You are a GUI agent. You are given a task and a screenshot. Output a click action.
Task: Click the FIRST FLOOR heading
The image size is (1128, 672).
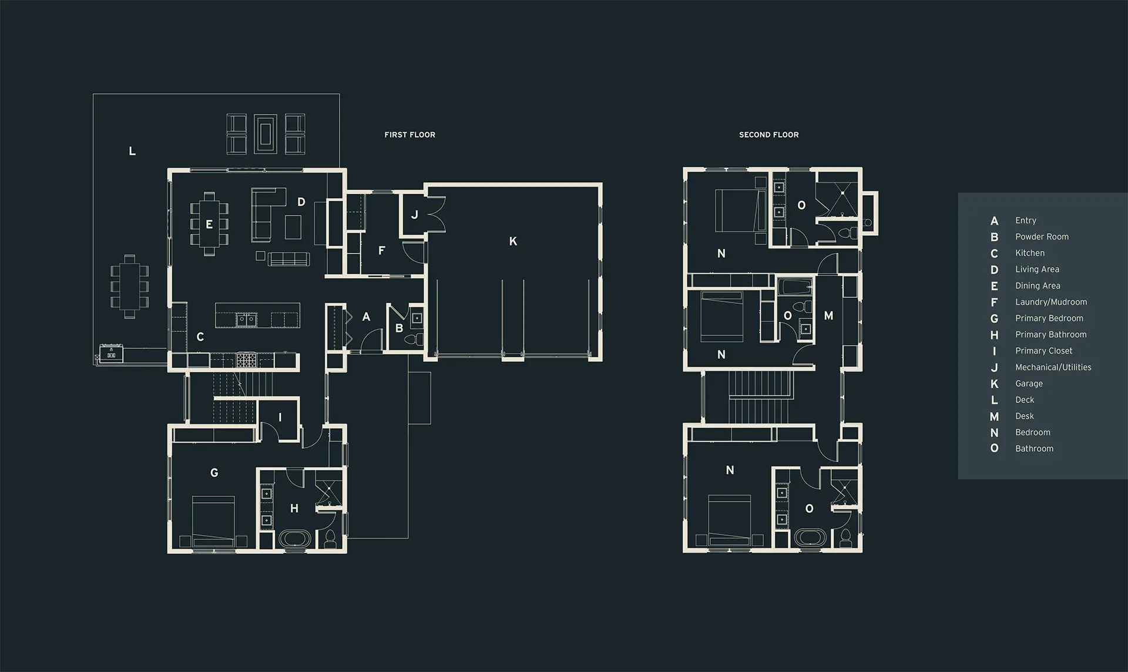coord(409,135)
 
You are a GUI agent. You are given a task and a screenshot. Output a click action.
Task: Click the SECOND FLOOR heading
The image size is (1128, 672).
coord(768,135)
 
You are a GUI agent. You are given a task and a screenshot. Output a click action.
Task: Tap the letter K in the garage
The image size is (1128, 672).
coord(513,241)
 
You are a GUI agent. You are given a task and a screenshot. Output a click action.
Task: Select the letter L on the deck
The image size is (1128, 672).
coord(132,151)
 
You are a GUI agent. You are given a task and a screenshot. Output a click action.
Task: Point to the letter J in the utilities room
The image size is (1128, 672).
coord(414,214)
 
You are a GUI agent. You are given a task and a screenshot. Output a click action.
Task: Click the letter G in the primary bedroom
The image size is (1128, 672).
coord(214,472)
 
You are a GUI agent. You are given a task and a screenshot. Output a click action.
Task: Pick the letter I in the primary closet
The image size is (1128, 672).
coord(280,418)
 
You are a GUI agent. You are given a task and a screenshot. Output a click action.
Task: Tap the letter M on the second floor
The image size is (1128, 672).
coord(828,315)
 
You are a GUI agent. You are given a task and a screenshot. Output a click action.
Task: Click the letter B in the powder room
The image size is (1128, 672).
coord(399,328)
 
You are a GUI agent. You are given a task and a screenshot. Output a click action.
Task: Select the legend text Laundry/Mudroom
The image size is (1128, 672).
coord(1051,302)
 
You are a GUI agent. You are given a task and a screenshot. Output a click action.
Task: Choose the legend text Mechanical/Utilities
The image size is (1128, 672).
coord(1053,367)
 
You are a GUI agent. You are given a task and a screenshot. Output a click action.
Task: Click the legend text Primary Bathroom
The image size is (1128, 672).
coord(1051,334)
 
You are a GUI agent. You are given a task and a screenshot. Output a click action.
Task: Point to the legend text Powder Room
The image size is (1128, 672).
coord(1042,237)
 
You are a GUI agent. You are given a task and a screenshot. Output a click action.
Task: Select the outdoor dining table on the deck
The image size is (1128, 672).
coord(129,286)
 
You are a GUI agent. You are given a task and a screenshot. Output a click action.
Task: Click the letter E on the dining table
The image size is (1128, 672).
coord(209,224)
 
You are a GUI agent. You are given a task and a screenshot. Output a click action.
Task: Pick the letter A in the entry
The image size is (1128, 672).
coord(366,317)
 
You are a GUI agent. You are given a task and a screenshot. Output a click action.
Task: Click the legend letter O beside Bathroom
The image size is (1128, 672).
coord(994,448)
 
